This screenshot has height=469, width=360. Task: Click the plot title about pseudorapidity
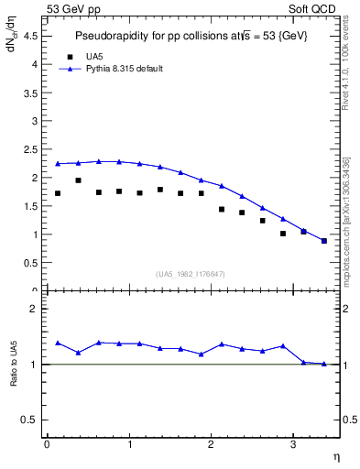191,35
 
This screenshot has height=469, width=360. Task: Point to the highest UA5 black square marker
78,180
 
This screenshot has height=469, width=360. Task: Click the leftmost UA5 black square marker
58,193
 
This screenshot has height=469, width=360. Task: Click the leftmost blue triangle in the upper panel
58,164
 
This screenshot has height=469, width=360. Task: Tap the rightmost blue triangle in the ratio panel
323,364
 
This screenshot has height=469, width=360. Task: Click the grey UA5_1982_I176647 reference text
191,273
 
